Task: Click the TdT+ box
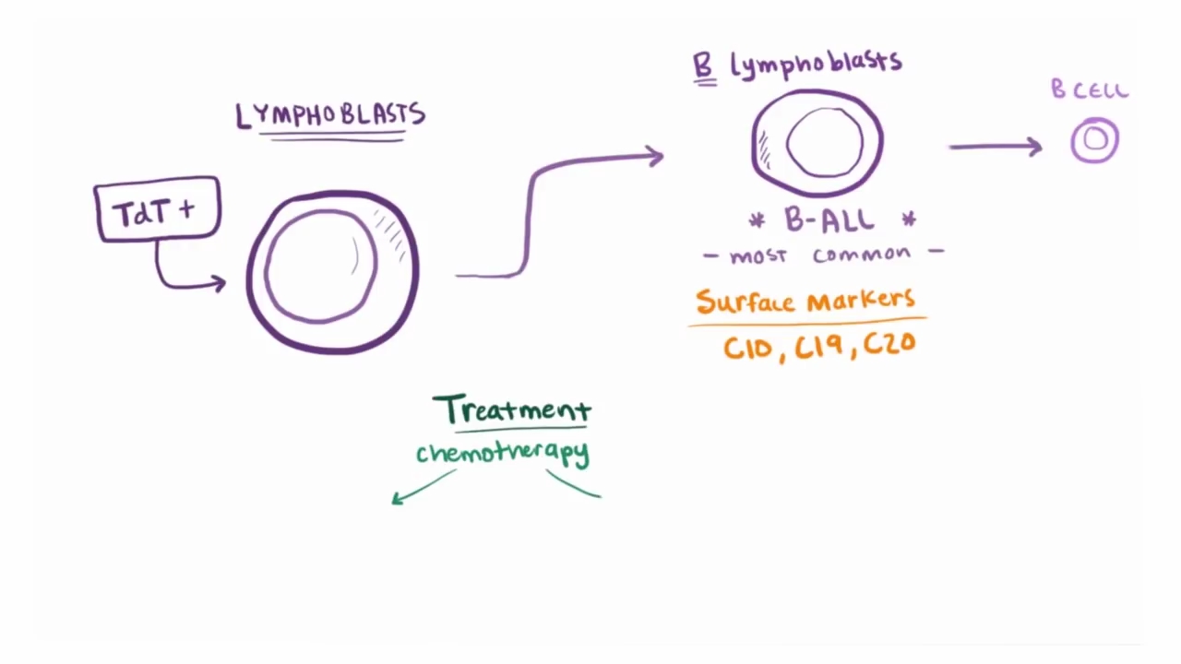point(157,210)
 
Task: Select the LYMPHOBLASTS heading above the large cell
point(330,115)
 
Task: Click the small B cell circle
point(1095,140)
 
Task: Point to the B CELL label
point(1090,90)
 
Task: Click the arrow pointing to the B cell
point(996,146)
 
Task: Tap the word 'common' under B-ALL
point(862,255)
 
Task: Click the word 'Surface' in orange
point(746,302)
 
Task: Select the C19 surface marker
point(820,347)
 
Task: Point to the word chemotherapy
point(503,453)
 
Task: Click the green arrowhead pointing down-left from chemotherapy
point(398,499)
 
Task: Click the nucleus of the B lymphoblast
point(825,143)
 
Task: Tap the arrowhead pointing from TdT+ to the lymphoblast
point(219,283)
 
